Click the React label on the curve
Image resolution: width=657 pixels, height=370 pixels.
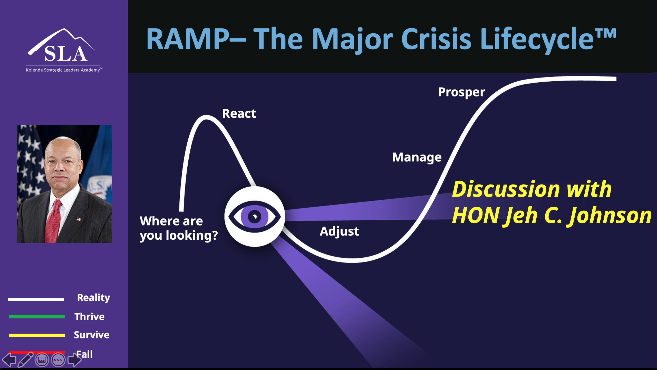coord(239,113)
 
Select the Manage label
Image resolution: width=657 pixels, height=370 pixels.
coord(417,157)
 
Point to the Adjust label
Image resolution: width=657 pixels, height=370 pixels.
coord(339,231)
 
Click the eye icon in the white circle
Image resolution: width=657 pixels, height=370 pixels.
coord(255,217)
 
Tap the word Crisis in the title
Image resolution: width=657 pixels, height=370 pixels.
coord(436,39)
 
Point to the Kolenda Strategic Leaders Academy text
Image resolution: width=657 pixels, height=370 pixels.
coord(63,70)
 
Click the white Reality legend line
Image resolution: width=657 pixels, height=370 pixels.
coord(36,299)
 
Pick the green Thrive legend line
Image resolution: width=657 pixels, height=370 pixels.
coord(37,317)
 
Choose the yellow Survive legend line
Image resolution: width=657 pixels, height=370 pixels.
coord(37,335)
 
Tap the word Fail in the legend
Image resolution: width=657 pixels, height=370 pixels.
coord(84,354)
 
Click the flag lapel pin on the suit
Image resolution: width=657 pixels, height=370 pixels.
coord(79,219)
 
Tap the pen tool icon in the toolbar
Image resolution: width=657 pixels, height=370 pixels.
coord(25,359)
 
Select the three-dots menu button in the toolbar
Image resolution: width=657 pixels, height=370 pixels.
coord(58,360)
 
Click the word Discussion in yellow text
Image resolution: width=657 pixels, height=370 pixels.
coord(506,189)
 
